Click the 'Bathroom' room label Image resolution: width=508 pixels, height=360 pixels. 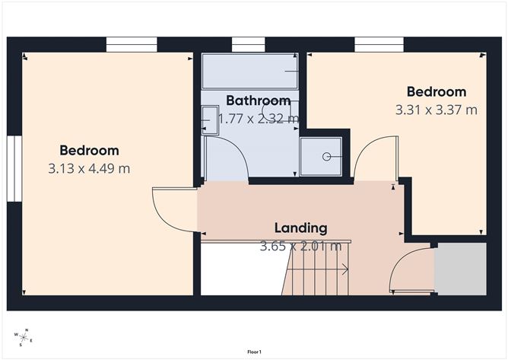pyautogui.click(x=258, y=100)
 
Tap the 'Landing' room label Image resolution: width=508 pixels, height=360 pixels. pyautogui.click(x=300, y=228)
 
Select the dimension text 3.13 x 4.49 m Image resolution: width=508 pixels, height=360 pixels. pyautogui.click(x=89, y=168)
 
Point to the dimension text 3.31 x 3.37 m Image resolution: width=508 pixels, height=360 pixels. pyautogui.click(x=436, y=110)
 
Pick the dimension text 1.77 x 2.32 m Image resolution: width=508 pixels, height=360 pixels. pyautogui.click(x=259, y=119)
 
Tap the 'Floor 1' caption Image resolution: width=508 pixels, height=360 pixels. pyautogui.click(x=254, y=352)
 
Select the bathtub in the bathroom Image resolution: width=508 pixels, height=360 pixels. pyautogui.click(x=249, y=71)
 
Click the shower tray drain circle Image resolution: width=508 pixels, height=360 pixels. pyautogui.click(x=326, y=156)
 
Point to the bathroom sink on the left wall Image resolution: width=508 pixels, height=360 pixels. pyautogui.click(x=209, y=119)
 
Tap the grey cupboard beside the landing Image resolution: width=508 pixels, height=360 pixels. pyautogui.click(x=459, y=269)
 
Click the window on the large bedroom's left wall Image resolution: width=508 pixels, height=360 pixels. pyautogui.click(x=14, y=169)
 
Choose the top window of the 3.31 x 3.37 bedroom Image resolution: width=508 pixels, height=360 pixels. pyautogui.click(x=379, y=45)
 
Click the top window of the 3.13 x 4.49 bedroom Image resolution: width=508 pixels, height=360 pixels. pyautogui.click(x=131, y=45)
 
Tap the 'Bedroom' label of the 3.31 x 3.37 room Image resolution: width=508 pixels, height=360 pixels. pyautogui.click(x=436, y=92)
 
